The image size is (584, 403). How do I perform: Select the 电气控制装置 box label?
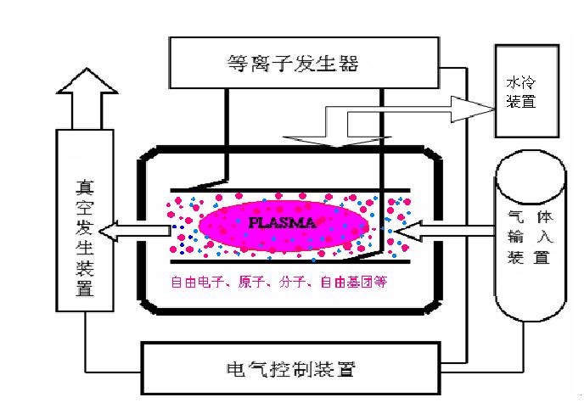292,369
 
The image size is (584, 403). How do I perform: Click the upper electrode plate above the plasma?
289,188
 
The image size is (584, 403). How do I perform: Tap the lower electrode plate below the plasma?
289,260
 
